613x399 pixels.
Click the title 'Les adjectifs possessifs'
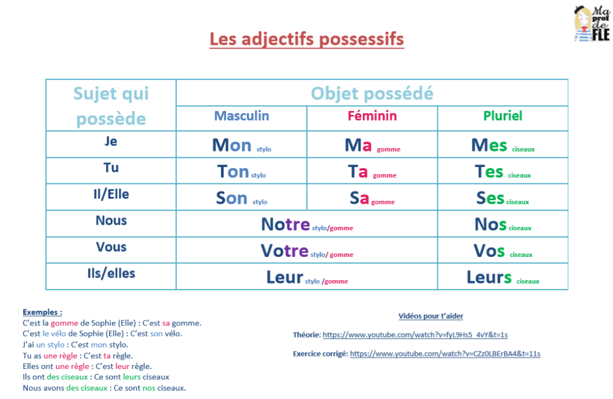[x=307, y=39]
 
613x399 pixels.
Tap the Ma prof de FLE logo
[x=592, y=23]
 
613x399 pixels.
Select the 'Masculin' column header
[x=241, y=116]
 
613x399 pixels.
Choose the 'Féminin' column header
[x=372, y=116]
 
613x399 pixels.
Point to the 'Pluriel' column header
[x=502, y=116]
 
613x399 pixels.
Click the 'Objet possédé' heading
[x=372, y=93]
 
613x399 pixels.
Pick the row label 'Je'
[x=111, y=141]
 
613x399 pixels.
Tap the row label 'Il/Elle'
[x=111, y=194]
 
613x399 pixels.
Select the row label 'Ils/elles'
[x=111, y=273]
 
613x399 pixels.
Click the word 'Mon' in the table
[x=232, y=145]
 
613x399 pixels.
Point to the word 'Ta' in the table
[x=358, y=171]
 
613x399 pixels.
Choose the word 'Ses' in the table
[x=490, y=198]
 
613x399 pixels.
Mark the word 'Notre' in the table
[x=285, y=225]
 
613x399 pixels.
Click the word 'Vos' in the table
[x=489, y=251]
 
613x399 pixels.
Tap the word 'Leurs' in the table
[x=489, y=277]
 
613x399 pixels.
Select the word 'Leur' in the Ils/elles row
[x=284, y=277]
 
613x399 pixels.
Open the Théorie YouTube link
[x=415, y=335]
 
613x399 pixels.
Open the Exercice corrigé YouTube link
[x=445, y=354]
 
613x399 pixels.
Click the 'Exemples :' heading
[x=42, y=312]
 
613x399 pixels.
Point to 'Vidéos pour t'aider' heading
[x=431, y=316]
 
